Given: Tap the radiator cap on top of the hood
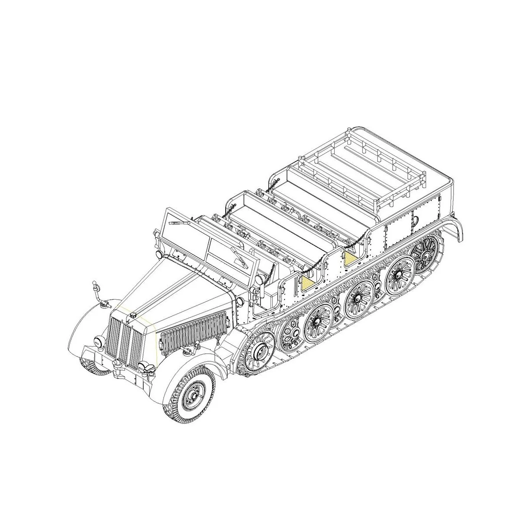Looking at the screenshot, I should tap(133, 314).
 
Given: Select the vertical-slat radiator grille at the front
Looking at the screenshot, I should tap(125, 343).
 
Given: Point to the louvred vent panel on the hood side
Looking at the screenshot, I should tap(193, 332).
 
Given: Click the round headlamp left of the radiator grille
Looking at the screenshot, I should tap(99, 341).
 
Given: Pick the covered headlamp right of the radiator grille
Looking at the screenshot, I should tap(144, 368).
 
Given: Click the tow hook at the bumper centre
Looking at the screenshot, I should tap(117, 364).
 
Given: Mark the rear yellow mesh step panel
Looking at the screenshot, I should tap(350, 259).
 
